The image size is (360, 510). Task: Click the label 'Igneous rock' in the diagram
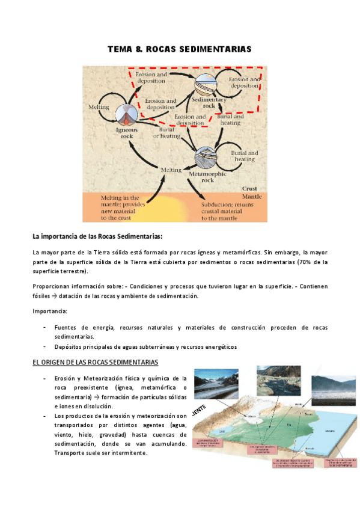click(x=126, y=132)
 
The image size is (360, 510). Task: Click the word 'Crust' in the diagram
click(x=249, y=188)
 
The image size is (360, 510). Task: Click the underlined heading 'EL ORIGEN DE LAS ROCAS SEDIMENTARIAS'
click(x=95, y=363)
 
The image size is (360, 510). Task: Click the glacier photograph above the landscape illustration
click(x=219, y=386)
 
